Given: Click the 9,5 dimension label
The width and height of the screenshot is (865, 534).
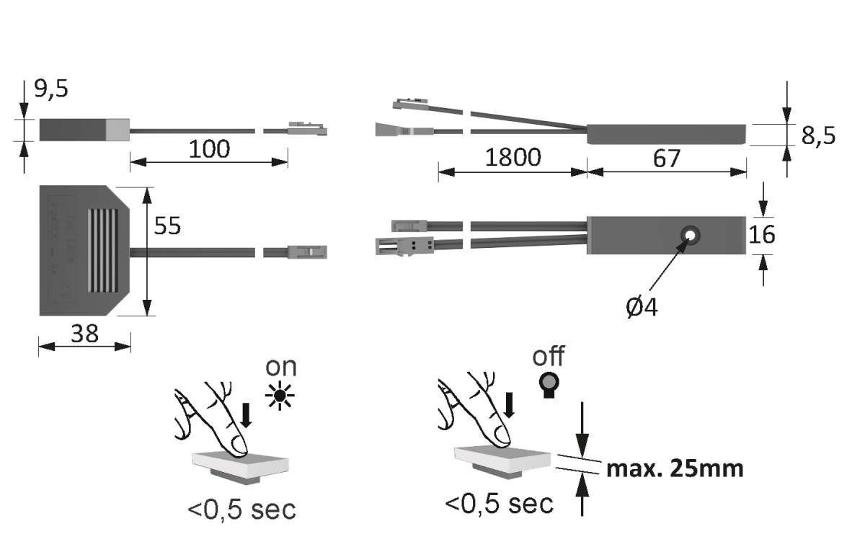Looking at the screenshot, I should pos(51,89).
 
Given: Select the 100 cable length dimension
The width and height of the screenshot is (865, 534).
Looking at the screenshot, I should pos(209,149).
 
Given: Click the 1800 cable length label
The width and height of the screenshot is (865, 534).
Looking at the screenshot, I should pos(512,158).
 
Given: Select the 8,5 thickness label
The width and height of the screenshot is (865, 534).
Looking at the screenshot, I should pos(818,135).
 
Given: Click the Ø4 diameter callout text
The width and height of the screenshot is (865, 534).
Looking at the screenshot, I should pos(642,308).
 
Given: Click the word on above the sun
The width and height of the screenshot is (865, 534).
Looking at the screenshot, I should pos(280,366).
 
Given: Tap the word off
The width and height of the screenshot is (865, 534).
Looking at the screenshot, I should pos(548,356).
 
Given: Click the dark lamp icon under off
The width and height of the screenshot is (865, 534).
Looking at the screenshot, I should pos(549,386).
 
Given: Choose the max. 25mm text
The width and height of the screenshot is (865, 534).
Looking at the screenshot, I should pos(674,469).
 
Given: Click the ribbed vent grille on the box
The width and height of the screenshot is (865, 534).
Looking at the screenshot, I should pos(103,250).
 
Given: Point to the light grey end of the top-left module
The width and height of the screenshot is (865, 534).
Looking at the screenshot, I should pos(117,129).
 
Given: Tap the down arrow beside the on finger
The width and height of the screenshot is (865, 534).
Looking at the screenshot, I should pos(246,415).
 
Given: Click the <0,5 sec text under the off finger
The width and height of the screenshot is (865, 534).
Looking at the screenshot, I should pos(499,502).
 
